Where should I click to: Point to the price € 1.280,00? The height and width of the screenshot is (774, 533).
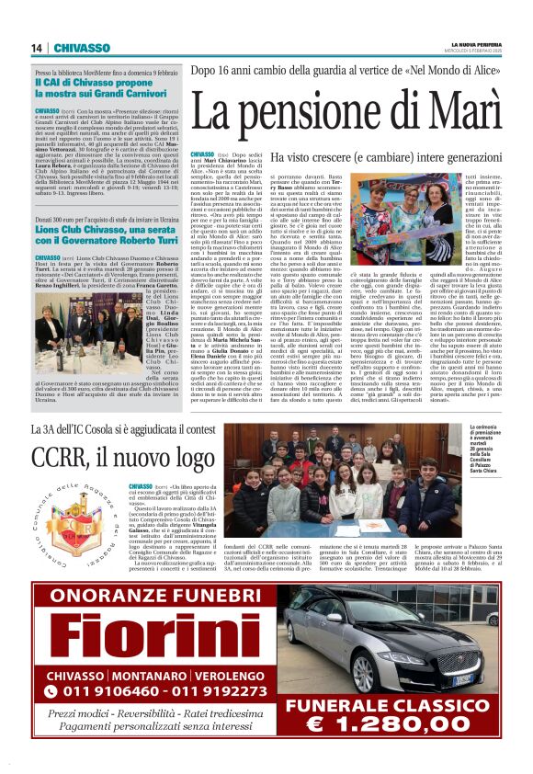pyautogui.click(x=406, y=743)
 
